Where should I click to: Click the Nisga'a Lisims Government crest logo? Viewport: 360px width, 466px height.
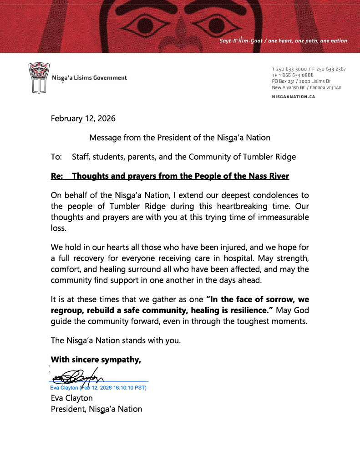click(x=37, y=78)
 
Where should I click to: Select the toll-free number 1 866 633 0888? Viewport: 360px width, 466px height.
click(x=295, y=75)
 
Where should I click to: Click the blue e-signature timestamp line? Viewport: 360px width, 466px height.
click(x=98, y=388)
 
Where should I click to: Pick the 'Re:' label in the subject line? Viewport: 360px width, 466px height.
click(x=57, y=176)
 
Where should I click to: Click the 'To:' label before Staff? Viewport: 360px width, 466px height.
click(x=56, y=157)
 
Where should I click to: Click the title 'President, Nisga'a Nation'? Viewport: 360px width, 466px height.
click(x=96, y=409)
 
